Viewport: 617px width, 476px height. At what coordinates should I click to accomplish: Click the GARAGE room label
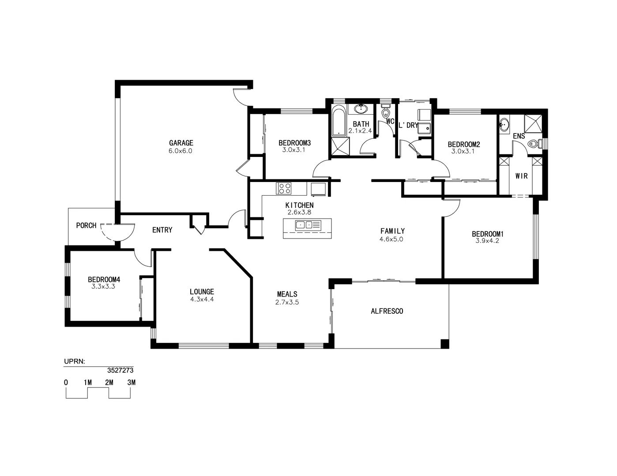[x=181, y=143]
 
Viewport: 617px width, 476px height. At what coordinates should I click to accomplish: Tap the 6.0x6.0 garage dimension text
[x=181, y=151]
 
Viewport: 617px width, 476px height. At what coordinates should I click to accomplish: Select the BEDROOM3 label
[x=294, y=143]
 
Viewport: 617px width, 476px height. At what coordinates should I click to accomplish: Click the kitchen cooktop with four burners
[x=284, y=189]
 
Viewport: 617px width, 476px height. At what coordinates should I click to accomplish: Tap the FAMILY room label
[x=392, y=231]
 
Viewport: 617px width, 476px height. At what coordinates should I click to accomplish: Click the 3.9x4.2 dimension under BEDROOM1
[x=487, y=241]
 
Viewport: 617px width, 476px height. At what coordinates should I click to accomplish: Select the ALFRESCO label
[x=387, y=311]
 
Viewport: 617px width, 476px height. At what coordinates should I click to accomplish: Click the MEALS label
[x=287, y=294]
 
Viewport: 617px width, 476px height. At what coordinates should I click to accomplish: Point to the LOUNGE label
[x=202, y=291]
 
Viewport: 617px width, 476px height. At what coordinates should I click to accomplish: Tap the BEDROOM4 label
[x=104, y=279]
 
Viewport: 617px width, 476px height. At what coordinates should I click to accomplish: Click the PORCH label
[x=86, y=226]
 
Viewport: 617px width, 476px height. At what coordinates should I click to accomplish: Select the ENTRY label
[x=162, y=230]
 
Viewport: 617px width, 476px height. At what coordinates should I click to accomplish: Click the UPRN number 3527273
[x=120, y=371]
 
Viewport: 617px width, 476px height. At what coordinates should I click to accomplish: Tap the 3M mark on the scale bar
[x=131, y=383]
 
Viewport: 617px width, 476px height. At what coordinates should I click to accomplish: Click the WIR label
[x=521, y=176]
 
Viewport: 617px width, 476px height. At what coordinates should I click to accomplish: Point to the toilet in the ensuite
[x=533, y=144]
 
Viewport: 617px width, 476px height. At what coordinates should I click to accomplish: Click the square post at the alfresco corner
[x=445, y=344]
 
